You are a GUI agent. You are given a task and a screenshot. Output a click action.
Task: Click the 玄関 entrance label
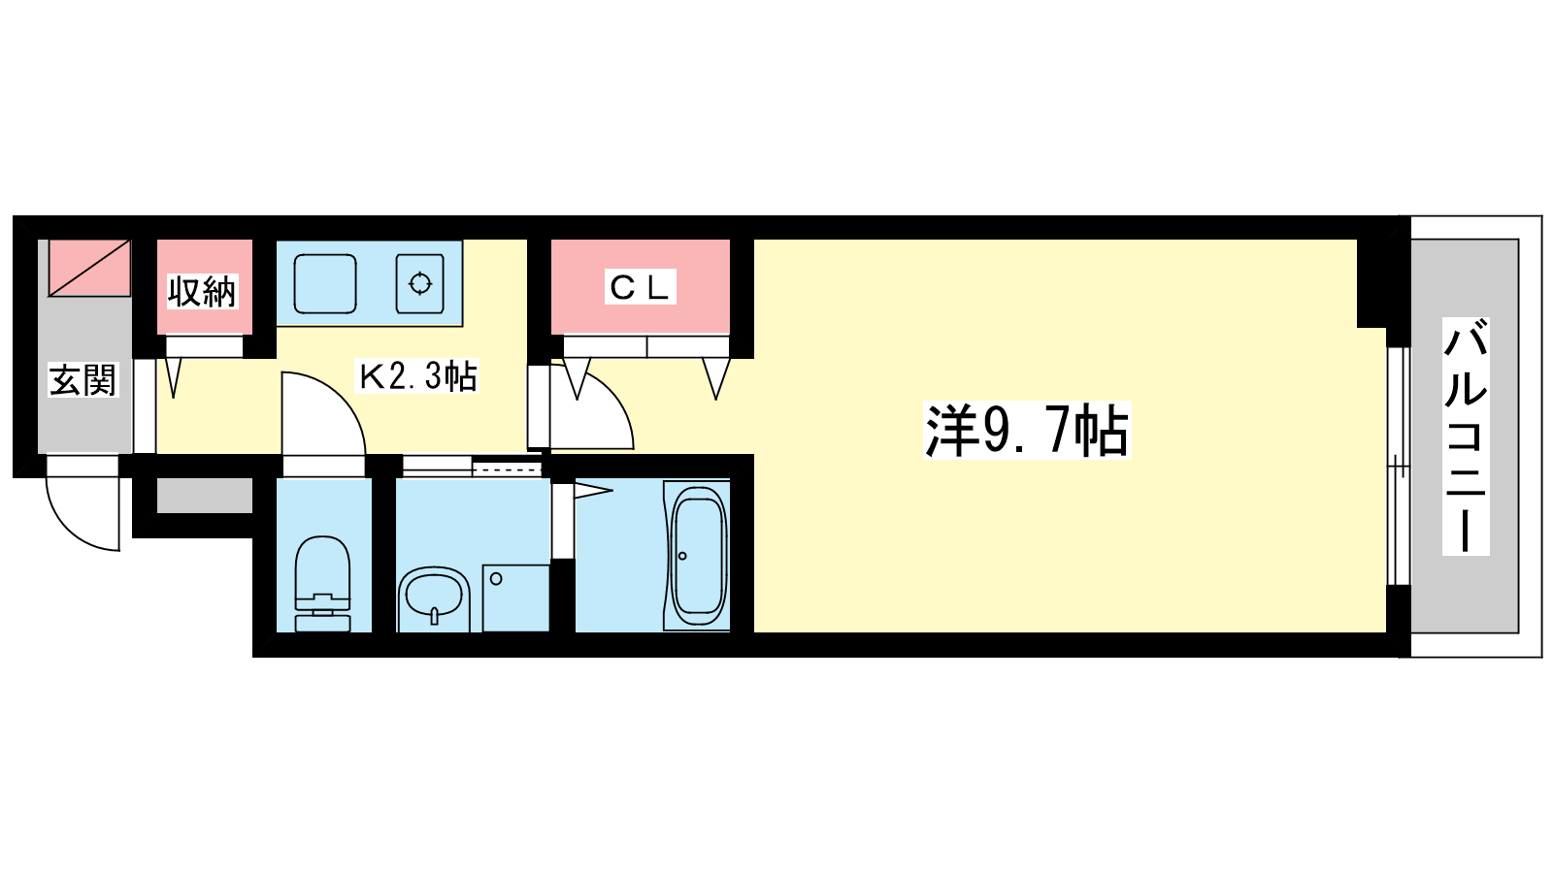point(83,379)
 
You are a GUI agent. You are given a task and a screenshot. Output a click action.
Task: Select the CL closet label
point(640,287)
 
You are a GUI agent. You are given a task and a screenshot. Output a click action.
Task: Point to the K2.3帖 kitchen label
point(416,375)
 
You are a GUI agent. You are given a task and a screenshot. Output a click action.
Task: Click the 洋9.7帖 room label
point(1027,430)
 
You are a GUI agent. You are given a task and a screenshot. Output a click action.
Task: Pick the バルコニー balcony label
point(1466,436)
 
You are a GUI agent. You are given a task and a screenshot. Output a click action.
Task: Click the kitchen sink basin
point(325,284)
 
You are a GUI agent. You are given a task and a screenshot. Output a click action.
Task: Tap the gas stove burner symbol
point(420,283)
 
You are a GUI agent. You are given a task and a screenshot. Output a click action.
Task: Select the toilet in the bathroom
point(322,583)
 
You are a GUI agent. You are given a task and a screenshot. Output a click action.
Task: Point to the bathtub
point(698,556)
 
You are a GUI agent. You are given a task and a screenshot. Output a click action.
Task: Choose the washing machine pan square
point(516,598)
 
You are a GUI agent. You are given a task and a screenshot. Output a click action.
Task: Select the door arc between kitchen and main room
point(591,407)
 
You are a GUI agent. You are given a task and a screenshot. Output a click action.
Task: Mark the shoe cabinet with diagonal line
point(89,268)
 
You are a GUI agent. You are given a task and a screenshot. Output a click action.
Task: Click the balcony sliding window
point(1399,467)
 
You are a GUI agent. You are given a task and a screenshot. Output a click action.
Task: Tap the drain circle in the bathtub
point(682,556)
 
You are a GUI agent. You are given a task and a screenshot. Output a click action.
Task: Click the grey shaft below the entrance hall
point(205,496)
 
